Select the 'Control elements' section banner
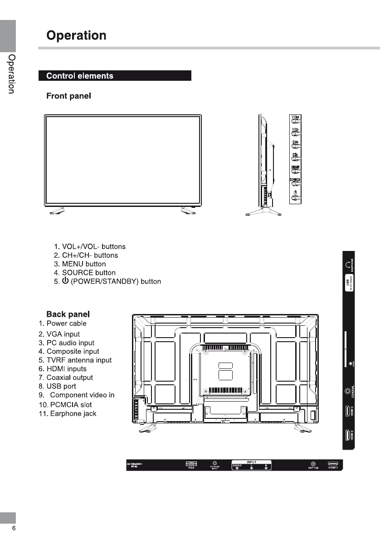tap(80, 76)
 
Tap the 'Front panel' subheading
tap(69, 96)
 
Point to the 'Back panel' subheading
tap(68, 314)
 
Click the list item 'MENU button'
tap(80, 264)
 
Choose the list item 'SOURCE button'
tap(85, 273)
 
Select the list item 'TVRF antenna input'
tap(75, 360)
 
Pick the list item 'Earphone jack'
tap(68, 414)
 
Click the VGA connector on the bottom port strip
tap(192, 464)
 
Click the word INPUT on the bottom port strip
tap(252, 462)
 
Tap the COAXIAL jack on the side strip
tap(348, 391)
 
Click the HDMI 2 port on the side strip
tap(348, 436)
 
